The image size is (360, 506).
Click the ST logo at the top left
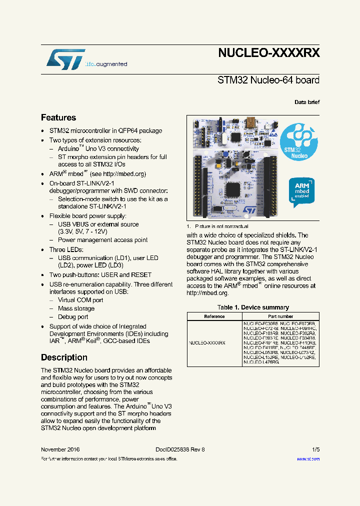coord(65,59)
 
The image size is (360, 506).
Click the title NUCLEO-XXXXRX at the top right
coord(268,53)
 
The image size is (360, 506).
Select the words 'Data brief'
coord(307,102)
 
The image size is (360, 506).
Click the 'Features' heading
coord(58,117)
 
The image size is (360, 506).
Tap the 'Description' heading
coord(64,357)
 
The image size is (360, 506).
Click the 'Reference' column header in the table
coord(214,316)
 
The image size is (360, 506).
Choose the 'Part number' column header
coord(280,316)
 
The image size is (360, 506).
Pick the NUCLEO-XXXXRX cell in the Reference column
coord(207,343)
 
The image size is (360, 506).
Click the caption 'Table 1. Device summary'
coord(253,307)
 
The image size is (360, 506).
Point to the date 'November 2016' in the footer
coord(60,449)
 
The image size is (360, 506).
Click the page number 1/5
coord(315,449)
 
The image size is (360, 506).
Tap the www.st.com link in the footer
coord(308,458)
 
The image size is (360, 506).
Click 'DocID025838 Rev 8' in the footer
coord(176,449)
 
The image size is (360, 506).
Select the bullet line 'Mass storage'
coord(76,308)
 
